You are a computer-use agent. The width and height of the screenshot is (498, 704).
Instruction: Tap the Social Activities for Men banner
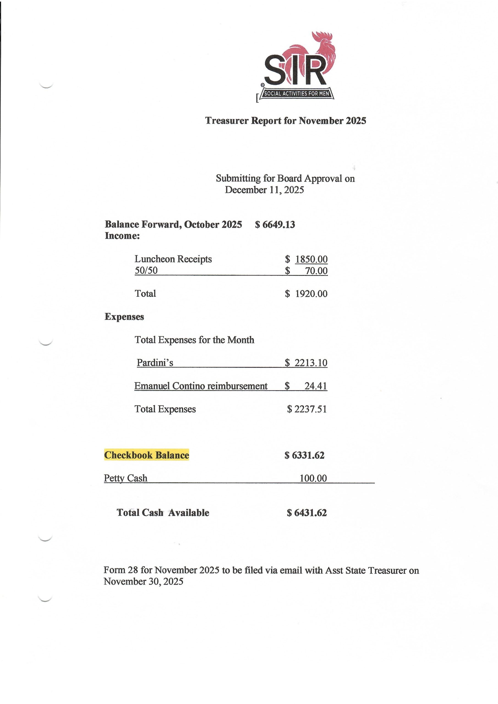pos(296,94)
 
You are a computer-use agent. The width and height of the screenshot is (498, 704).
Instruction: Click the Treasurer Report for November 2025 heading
pos(285,120)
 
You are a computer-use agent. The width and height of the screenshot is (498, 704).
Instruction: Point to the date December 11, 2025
pos(264,190)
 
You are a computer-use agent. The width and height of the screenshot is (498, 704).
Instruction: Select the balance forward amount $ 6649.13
pos(275,224)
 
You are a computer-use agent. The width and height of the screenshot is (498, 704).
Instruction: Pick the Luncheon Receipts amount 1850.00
pos(311,259)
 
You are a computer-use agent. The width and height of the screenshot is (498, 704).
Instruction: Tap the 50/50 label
pos(146,270)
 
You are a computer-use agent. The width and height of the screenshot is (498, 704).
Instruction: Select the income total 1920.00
pos(311,294)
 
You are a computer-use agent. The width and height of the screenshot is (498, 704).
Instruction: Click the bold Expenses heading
pos(124,317)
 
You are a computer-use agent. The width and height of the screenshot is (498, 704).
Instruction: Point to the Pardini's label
pos(155,363)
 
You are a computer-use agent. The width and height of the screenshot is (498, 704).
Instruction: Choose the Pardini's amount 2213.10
pos(311,363)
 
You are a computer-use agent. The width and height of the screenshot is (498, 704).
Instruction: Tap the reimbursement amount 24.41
pos(316,386)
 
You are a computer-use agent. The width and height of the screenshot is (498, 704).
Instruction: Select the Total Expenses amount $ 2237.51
pos(307,409)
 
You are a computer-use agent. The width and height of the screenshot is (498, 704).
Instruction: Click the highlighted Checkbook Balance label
pos(147,455)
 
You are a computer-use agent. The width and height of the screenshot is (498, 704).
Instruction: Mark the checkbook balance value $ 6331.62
pos(304,455)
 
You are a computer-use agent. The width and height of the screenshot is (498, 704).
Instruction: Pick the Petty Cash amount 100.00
pos(313,478)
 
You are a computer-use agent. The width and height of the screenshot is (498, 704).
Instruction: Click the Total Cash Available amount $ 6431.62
pos(307,513)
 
